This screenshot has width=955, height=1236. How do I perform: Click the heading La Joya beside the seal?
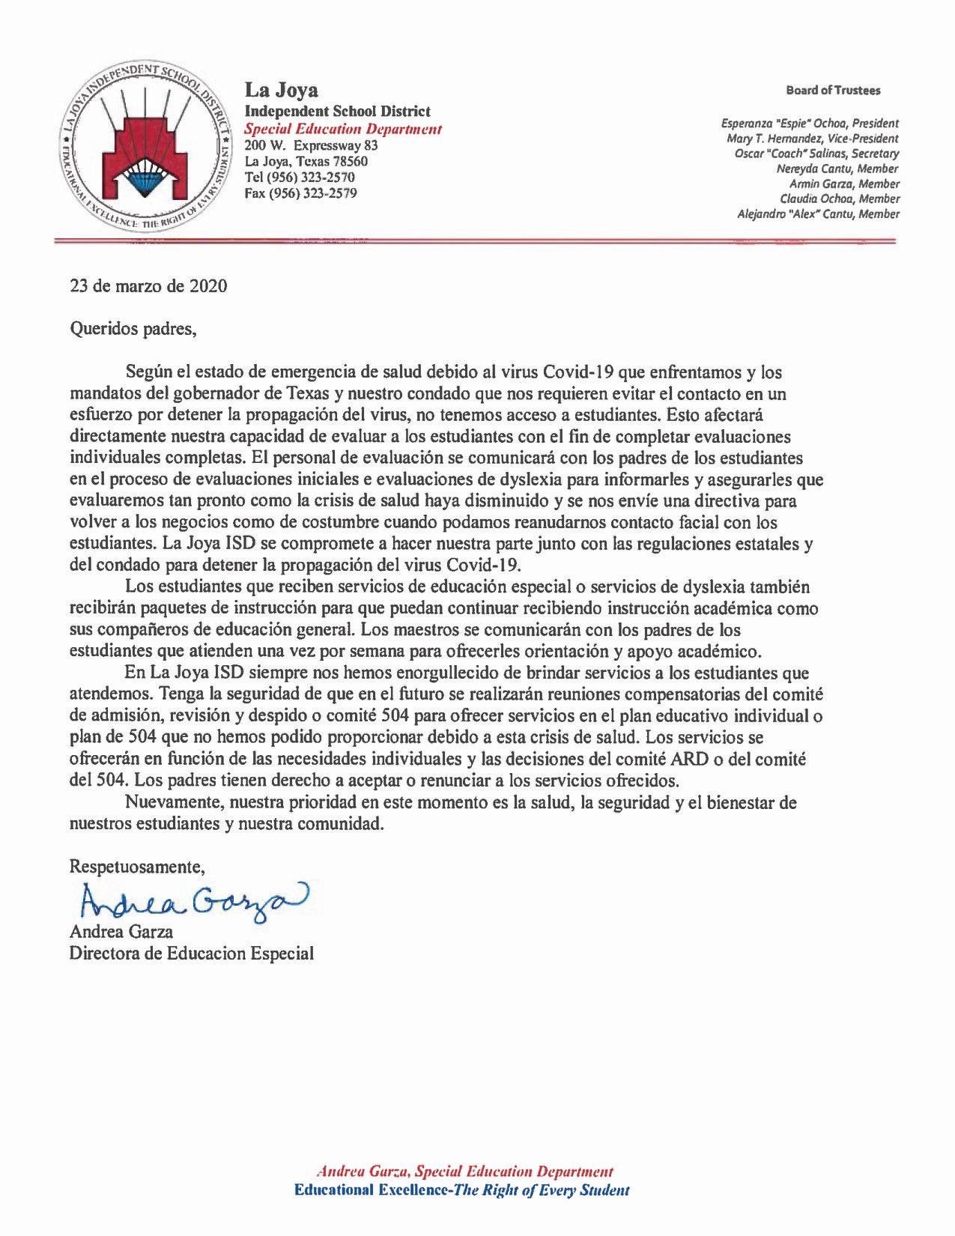[282, 91]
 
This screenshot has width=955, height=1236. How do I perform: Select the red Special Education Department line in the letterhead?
[344, 129]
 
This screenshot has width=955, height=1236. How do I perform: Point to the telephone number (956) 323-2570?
[300, 178]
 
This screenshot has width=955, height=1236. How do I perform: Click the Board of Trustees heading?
[833, 91]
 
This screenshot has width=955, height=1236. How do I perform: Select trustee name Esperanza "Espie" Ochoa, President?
[810, 124]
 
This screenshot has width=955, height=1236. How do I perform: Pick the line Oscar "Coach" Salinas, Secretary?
[816, 154]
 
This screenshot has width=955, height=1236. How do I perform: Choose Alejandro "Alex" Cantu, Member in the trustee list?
[819, 214]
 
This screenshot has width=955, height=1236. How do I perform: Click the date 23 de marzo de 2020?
[148, 287]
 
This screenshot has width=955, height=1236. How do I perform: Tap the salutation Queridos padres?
[133, 329]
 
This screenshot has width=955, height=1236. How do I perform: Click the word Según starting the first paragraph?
[148, 372]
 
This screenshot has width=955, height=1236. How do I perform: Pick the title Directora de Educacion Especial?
[192, 954]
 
